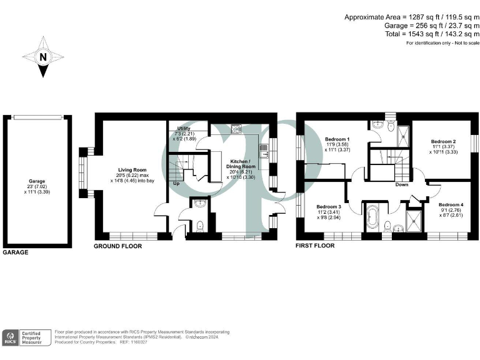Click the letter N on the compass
click(x=43, y=57)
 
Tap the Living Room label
click(x=132, y=169)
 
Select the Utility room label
click(x=183, y=128)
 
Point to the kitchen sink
click(x=237, y=129)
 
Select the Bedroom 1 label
click(x=337, y=139)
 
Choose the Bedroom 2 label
click(x=442, y=141)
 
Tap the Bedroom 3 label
click(x=328, y=207)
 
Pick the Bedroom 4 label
click(x=451, y=205)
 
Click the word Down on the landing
click(x=402, y=184)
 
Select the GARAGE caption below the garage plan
click(x=16, y=253)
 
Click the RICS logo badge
click(x=11, y=337)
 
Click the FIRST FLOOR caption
click(x=315, y=246)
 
